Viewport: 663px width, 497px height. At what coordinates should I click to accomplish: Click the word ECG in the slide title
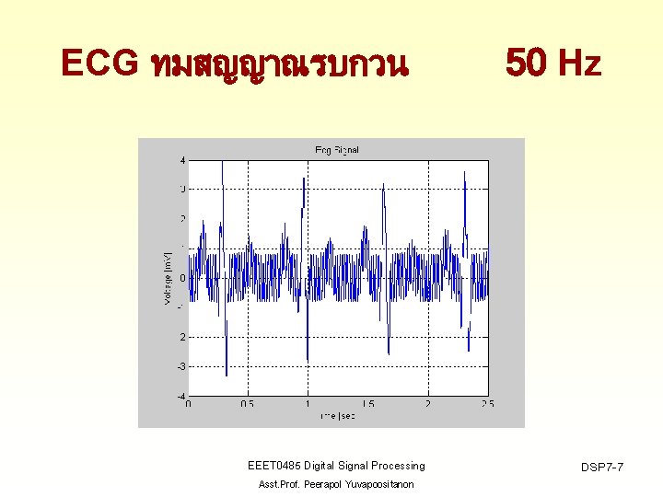pos(96,64)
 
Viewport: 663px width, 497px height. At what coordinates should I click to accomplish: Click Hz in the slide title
pos(580,64)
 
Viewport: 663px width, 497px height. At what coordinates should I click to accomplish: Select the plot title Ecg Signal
pos(337,150)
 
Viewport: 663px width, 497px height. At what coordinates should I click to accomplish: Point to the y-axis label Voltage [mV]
pos(168,279)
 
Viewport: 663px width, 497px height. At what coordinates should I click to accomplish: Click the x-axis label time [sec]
pos(337,416)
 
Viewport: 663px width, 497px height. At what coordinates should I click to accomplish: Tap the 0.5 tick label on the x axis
pos(248,404)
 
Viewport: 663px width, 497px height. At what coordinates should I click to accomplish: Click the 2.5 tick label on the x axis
pos(487,404)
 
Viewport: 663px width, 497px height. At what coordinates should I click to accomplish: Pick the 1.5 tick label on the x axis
pos(367,404)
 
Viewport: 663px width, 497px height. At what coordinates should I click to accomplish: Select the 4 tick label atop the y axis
pos(182,161)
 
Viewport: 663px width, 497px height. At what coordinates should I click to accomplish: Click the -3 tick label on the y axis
pos(181,366)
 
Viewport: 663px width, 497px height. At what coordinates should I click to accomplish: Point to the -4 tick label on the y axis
pos(181,396)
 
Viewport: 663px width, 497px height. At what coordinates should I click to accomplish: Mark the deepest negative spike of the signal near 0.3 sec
pos(227,375)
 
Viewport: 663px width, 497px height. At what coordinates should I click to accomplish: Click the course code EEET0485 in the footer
pos(276,466)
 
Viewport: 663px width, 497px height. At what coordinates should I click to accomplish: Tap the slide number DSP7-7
pos(602,468)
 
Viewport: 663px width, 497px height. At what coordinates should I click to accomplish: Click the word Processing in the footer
pos(399,466)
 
